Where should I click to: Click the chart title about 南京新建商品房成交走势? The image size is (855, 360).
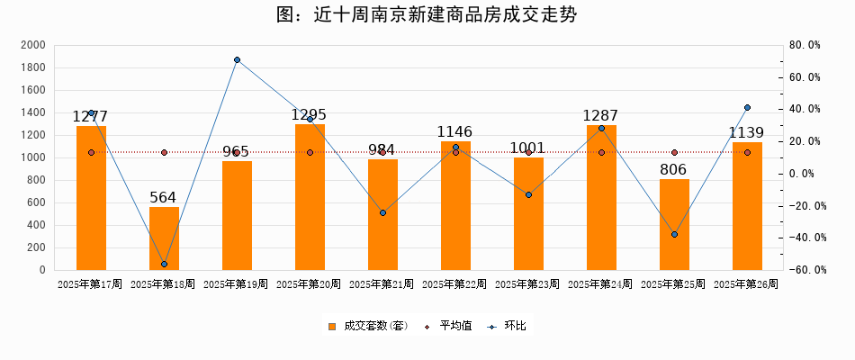tap(427, 15)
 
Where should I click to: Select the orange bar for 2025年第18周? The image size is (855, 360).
tap(164, 238)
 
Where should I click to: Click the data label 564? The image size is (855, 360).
tap(163, 197)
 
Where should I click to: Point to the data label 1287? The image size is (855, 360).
tap(601, 115)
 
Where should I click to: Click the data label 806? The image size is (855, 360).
tap(673, 169)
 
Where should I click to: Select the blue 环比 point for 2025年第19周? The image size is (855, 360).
tap(237, 60)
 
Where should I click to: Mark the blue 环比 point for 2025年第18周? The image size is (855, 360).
tap(164, 264)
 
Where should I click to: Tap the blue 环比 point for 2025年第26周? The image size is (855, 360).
tap(747, 108)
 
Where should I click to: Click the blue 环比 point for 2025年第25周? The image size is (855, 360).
tap(674, 235)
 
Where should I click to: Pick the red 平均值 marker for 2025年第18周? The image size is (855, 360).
tap(164, 153)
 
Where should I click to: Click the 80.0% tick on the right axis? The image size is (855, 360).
tap(804, 45)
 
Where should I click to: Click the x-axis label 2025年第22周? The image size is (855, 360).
tap(454, 284)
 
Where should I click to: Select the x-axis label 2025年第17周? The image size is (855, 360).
tap(90, 284)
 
